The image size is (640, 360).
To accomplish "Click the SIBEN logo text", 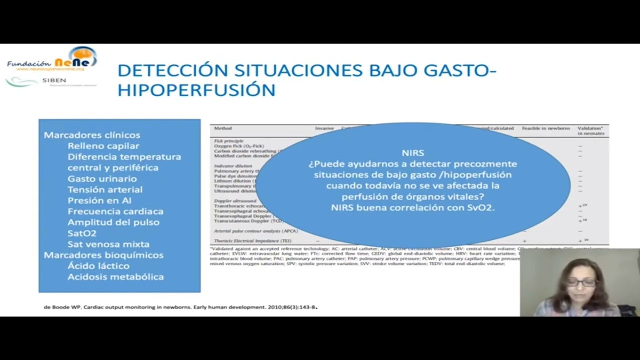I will click(x=54, y=80).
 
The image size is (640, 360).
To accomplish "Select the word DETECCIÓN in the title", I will click(x=172, y=70).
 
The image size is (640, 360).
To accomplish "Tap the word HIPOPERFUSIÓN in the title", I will click(x=196, y=90).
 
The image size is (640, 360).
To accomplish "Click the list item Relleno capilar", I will click(x=103, y=146).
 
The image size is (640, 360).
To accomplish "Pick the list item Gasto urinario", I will click(x=102, y=178).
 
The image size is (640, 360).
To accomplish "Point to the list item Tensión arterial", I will click(x=105, y=189).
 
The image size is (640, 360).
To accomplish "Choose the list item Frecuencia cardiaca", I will click(x=115, y=211).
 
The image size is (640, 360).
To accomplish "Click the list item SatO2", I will click(x=82, y=233).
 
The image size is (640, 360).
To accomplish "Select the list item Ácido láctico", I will click(x=98, y=266).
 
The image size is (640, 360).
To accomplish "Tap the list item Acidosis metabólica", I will click(x=115, y=277).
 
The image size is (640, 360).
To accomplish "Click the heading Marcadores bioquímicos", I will click(x=103, y=255).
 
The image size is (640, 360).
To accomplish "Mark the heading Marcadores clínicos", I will click(x=92, y=135).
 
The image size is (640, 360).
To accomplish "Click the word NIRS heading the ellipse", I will click(x=413, y=153).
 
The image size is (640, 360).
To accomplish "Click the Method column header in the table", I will click(x=223, y=128).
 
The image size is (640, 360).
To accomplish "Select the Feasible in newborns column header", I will click(x=546, y=128).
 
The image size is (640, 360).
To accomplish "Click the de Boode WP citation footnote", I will click(x=180, y=307).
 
